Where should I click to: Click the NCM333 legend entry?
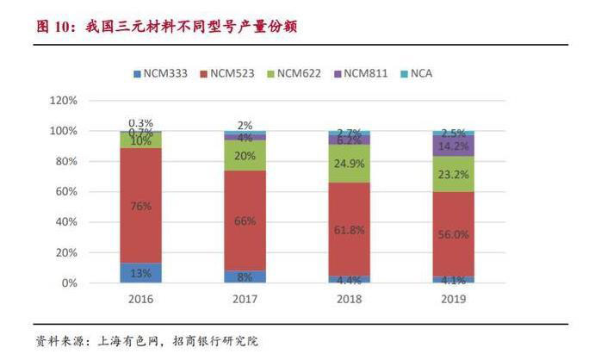point(161,73)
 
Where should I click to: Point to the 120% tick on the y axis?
point(65,101)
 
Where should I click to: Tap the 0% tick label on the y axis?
point(71,283)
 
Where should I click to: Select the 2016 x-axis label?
point(140,299)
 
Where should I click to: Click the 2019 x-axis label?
point(453,299)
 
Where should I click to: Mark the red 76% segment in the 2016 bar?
point(140,205)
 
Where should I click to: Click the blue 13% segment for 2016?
point(140,273)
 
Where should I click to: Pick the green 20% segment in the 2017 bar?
point(245,155)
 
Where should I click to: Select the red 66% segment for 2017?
point(245,220)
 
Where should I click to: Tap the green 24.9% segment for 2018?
point(350,163)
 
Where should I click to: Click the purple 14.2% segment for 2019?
point(454,146)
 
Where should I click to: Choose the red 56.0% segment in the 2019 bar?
point(454,233)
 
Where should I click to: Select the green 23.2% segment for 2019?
point(454,174)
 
